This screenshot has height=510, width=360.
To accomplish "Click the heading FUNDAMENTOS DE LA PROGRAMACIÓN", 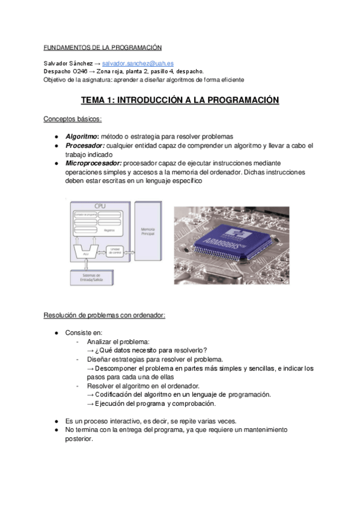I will pos(103,48).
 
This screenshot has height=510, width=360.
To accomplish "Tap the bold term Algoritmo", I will pos(82,137).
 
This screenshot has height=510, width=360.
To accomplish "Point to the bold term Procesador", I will pos(85,146).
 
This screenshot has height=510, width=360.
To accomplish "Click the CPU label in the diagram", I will pos(100,206).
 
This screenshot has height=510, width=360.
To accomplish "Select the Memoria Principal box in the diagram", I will pos(148,231).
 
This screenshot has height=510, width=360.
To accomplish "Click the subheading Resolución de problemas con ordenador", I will pos(104,316).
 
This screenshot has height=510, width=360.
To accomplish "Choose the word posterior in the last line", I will pos(79,439).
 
